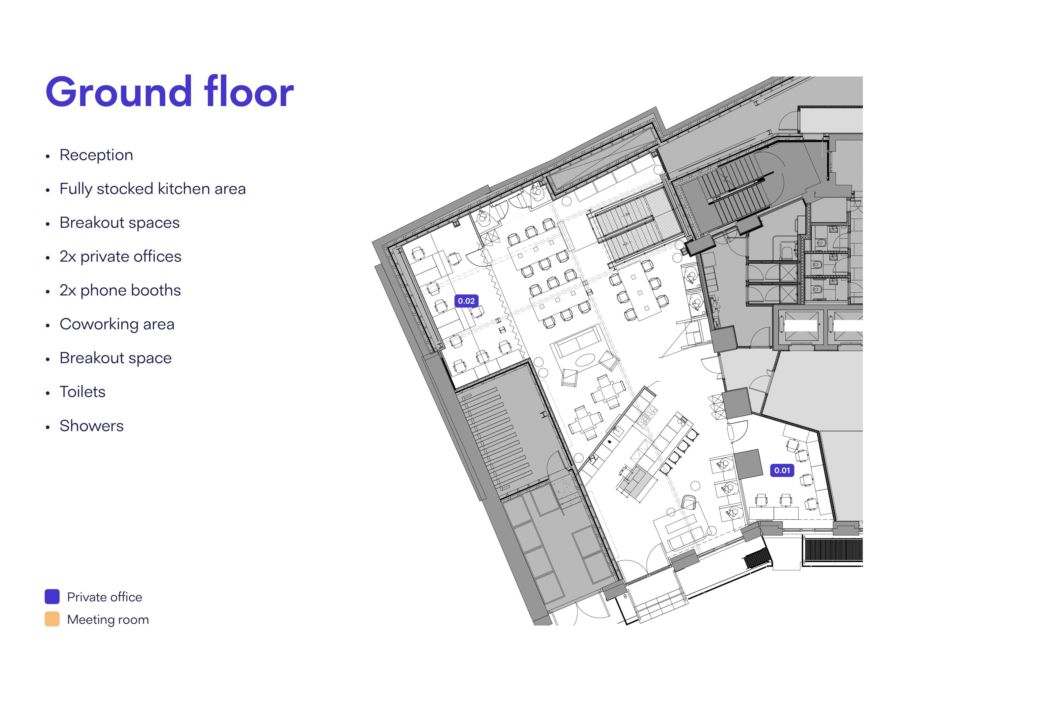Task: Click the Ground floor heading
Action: coord(170,92)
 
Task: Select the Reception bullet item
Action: coord(96,155)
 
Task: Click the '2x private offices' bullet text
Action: coord(120,257)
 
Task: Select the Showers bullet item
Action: coord(92,425)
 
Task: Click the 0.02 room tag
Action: coord(466,301)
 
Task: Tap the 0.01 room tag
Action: coord(782,470)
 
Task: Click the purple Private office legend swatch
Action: coord(52,597)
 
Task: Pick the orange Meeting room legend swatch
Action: coord(52,619)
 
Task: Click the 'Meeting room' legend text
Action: coord(108,620)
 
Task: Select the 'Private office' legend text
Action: coord(104,597)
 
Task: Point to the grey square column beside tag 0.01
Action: coord(748,464)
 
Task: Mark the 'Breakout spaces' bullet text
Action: coord(119,223)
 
